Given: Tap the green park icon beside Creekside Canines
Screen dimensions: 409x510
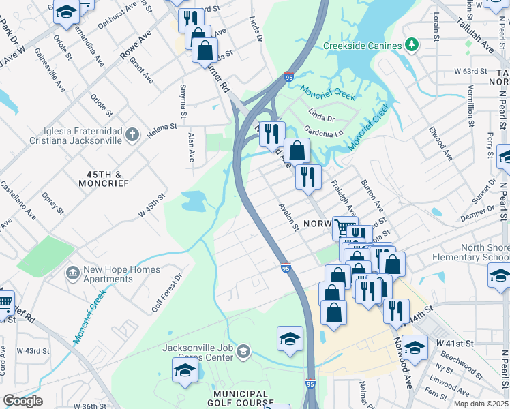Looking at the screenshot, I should pyautogui.click(x=411, y=45).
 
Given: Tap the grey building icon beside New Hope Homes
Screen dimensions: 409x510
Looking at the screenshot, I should pyautogui.click(x=72, y=273).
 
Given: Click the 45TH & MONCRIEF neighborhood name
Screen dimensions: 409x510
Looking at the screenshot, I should pyautogui.click(x=103, y=179).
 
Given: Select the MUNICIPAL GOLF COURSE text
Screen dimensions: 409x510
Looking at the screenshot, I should pyautogui.click(x=231, y=399).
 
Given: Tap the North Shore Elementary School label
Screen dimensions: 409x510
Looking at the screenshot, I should pyautogui.click(x=470, y=252).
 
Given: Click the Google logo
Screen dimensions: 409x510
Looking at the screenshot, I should pyautogui.click(x=22, y=400).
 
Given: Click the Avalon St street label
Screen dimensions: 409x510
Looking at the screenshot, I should pyautogui.click(x=288, y=216).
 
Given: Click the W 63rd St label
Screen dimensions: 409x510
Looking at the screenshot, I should pyautogui.click(x=471, y=70).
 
